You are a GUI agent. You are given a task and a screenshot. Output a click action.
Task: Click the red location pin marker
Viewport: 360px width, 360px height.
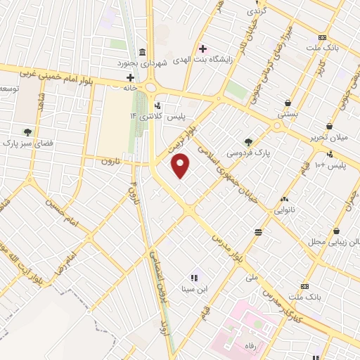pos(181,167)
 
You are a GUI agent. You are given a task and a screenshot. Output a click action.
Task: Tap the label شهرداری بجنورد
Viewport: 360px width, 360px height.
pos(166,63)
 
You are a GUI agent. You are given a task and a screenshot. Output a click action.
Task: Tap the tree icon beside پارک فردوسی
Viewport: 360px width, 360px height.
pos(247,141)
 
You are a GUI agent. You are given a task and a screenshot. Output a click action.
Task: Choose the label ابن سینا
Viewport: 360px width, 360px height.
pos(193,288)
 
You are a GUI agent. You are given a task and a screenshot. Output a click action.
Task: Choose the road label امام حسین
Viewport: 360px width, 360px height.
pos(60,207)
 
